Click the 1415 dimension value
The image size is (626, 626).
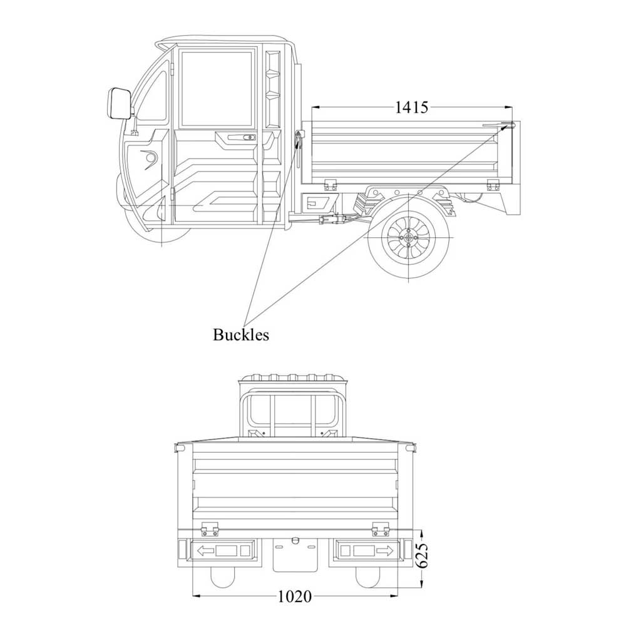(x=411, y=107)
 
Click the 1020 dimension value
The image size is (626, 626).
(x=294, y=596)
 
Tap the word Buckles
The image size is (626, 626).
(x=241, y=335)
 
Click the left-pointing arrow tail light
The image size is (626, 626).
(x=223, y=551)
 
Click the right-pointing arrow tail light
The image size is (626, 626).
(x=365, y=551)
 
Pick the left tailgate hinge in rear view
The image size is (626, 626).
(x=210, y=530)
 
